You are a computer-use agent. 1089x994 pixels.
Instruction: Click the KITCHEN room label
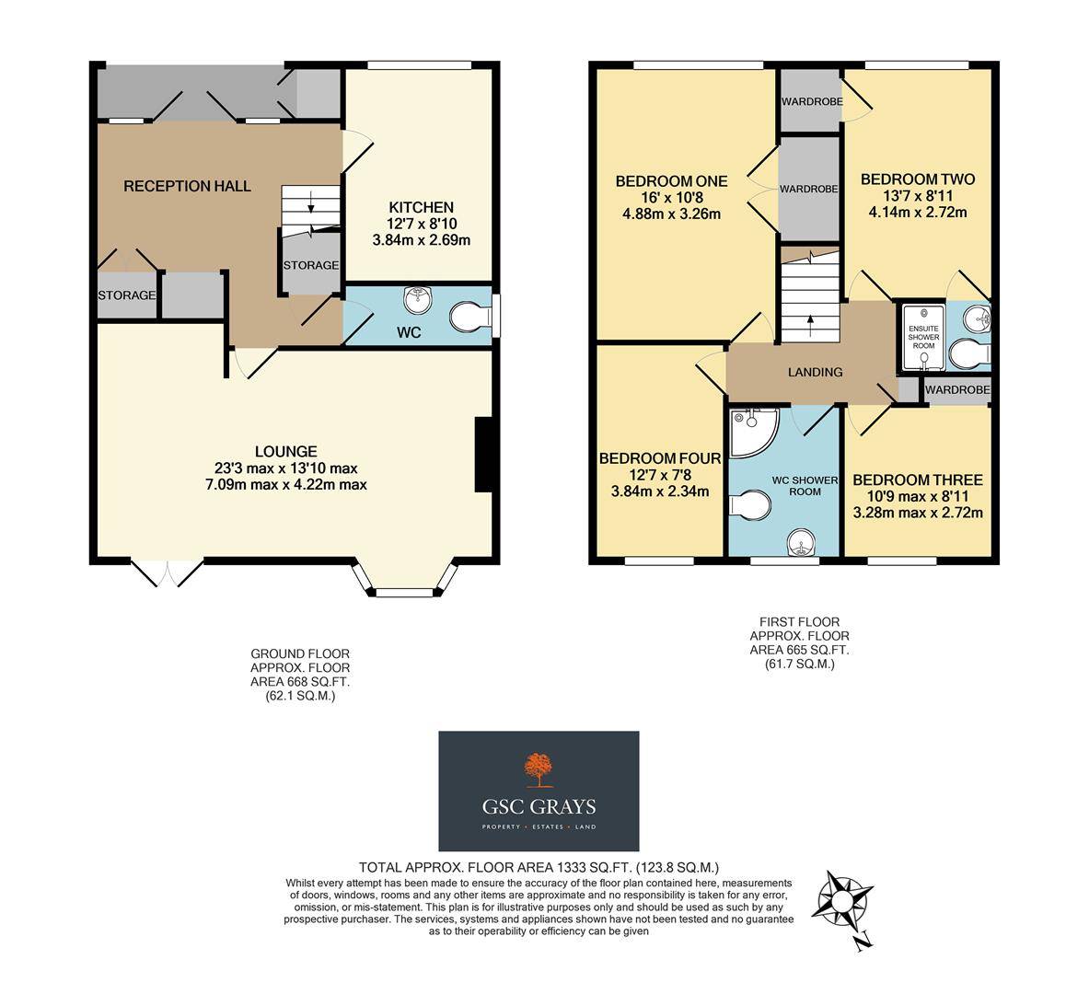coord(421,207)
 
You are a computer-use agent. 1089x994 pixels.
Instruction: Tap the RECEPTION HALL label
coord(187,186)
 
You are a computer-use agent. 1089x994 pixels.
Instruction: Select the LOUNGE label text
coord(285,451)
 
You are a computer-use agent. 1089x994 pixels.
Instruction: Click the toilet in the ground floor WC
coord(470,318)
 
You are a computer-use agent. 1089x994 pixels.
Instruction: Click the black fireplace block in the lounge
coord(483,455)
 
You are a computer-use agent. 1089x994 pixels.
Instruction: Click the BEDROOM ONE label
coord(671,181)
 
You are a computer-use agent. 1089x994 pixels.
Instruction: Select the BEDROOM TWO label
coord(917,179)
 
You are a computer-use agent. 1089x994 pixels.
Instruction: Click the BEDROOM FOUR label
coord(659,458)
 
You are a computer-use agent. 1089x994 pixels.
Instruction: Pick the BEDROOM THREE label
coord(917,480)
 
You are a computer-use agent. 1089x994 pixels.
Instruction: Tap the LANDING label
coord(815,372)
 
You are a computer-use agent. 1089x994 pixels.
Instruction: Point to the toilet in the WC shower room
coord(749,506)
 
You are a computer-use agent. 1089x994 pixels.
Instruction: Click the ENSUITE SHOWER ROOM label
coord(923,337)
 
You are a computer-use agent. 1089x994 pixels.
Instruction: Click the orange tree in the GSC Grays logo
coord(538,769)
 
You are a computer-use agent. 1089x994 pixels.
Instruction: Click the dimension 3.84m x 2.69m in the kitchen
coord(421,240)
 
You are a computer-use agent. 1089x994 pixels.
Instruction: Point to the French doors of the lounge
coord(167,572)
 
